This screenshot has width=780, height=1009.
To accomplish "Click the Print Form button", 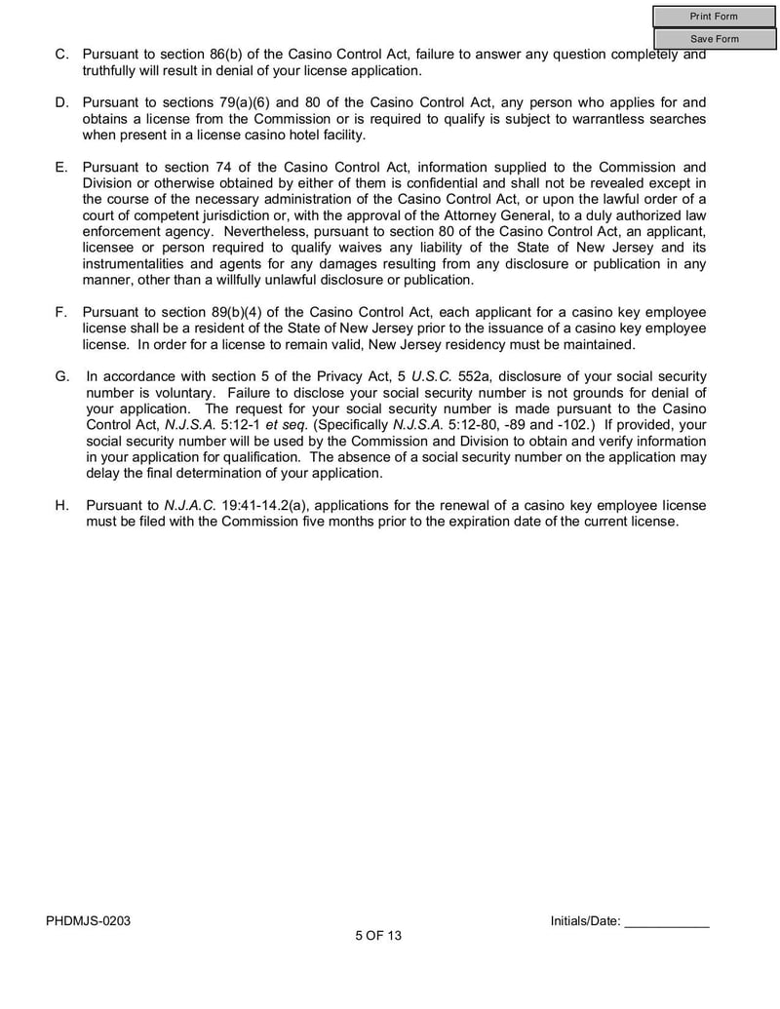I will pyautogui.click(x=714, y=17).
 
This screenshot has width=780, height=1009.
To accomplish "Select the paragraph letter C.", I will pyautogui.click(x=61, y=55).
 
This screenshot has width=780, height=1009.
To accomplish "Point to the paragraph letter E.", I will pyautogui.click(x=61, y=168).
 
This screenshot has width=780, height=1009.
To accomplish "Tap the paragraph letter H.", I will pyautogui.click(x=61, y=505).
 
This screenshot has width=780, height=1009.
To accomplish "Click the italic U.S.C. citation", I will pyautogui.click(x=430, y=376).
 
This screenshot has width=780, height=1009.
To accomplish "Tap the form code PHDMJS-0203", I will pyautogui.click(x=87, y=920).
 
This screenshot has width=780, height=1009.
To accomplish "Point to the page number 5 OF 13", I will pyautogui.click(x=378, y=936).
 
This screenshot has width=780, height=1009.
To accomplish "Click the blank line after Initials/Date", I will pyautogui.click(x=666, y=921).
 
